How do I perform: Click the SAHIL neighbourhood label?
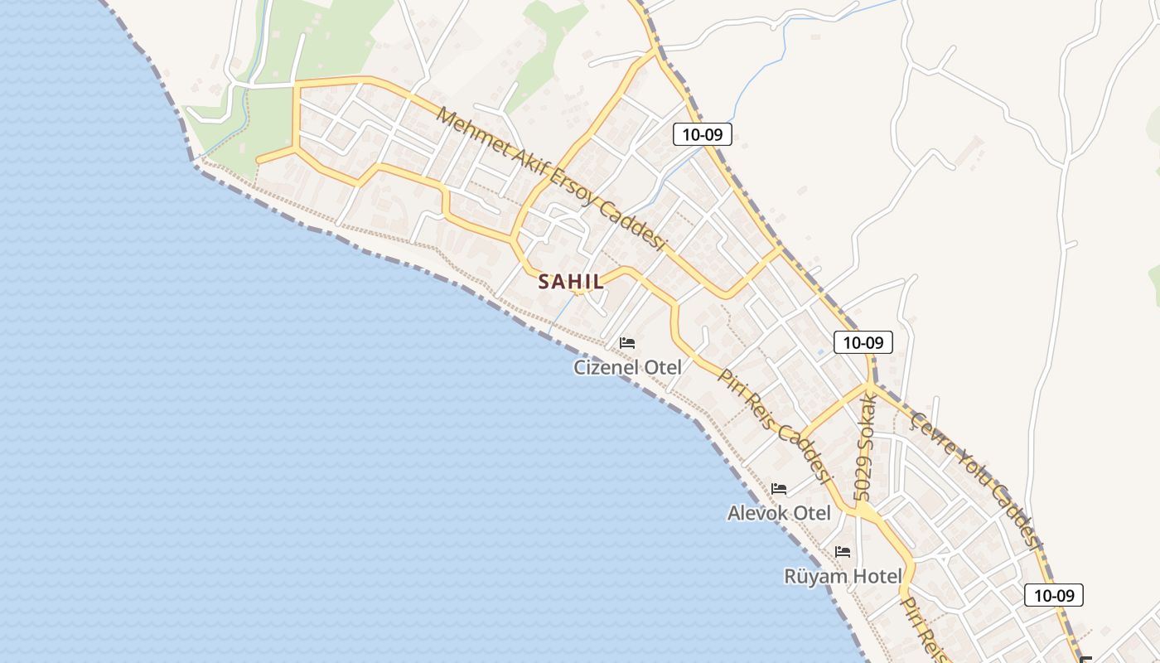[571, 282]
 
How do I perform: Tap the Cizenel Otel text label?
[627, 367]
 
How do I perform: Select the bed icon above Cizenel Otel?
[627, 342]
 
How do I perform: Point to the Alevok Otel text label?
[778, 513]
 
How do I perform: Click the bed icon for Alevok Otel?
[778, 489]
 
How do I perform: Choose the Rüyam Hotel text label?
[843, 576]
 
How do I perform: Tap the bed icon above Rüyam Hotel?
[843, 551]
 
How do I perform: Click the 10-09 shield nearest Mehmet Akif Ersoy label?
[702, 134]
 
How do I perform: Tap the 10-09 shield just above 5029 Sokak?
[863, 341]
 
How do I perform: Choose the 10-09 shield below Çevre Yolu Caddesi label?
[1053, 595]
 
